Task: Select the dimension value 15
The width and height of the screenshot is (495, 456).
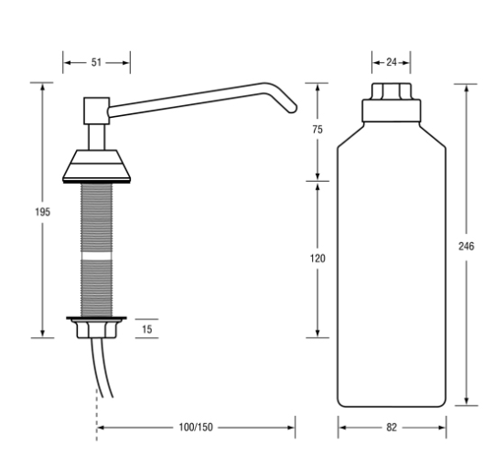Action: [x=147, y=329]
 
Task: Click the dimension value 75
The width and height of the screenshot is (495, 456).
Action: [x=317, y=131]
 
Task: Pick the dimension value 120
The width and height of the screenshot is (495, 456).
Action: [x=317, y=259]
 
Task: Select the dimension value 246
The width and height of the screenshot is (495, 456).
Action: [x=468, y=246]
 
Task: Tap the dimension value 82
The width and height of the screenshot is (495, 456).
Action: [x=393, y=427]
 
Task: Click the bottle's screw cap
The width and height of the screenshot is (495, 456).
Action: [x=392, y=102]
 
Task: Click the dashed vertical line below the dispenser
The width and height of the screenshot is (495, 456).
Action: [x=95, y=416]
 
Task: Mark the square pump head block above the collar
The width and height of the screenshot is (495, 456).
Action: [x=95, y=111]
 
